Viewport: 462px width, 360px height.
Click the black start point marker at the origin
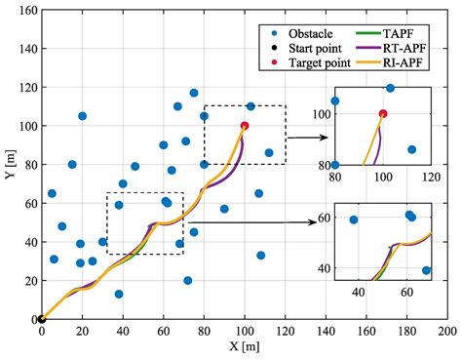41,318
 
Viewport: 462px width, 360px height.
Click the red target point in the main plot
244,126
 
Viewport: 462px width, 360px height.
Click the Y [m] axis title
9,164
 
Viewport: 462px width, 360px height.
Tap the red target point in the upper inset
383,113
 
